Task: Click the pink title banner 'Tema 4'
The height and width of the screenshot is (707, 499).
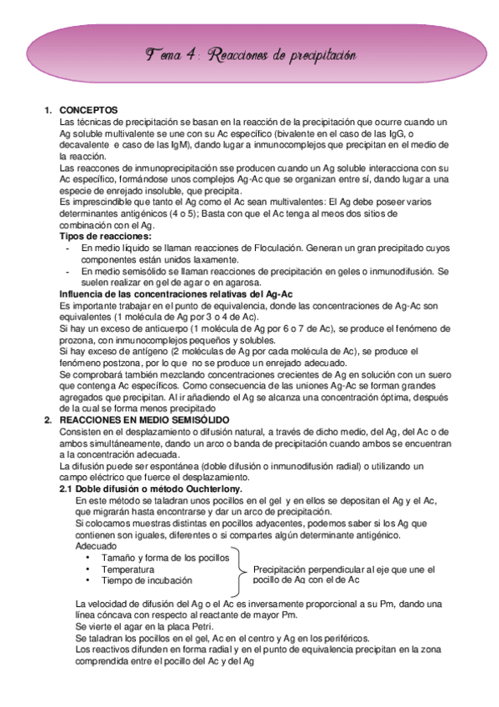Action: pyautogui.click(x=250, y=55)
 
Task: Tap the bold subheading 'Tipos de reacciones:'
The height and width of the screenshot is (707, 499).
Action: pyautogui.click(x=100, y=237)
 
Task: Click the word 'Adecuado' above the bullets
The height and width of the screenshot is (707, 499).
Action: pyautogui.click(x=96, y=545)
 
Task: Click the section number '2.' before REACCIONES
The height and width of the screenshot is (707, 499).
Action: pyautogui.click(x=48, y=420)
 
